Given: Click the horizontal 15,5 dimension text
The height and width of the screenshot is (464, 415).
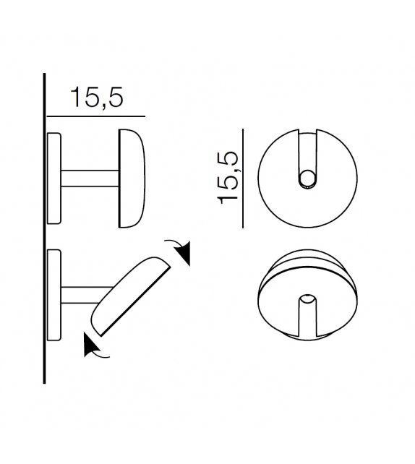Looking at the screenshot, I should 97,98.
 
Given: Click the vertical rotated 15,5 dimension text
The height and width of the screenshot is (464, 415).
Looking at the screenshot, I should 229,178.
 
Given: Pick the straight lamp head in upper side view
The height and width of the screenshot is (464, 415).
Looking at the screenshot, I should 134,179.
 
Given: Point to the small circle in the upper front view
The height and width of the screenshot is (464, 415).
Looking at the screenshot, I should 308,179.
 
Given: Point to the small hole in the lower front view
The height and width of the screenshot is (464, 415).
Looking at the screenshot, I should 308,298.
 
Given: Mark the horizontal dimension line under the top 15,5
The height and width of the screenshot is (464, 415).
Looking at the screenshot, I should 95,116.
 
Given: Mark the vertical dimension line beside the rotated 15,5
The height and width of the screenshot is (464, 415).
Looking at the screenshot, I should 243,178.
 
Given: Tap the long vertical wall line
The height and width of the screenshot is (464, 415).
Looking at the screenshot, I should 45,231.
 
